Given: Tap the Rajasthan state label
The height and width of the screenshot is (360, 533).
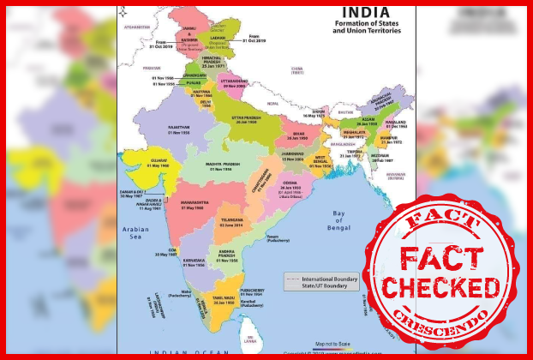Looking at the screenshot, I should point(178,128).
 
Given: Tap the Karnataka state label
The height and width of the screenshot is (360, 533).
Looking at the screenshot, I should point(195,260).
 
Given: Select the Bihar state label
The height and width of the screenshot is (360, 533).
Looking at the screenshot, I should point(299,135).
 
